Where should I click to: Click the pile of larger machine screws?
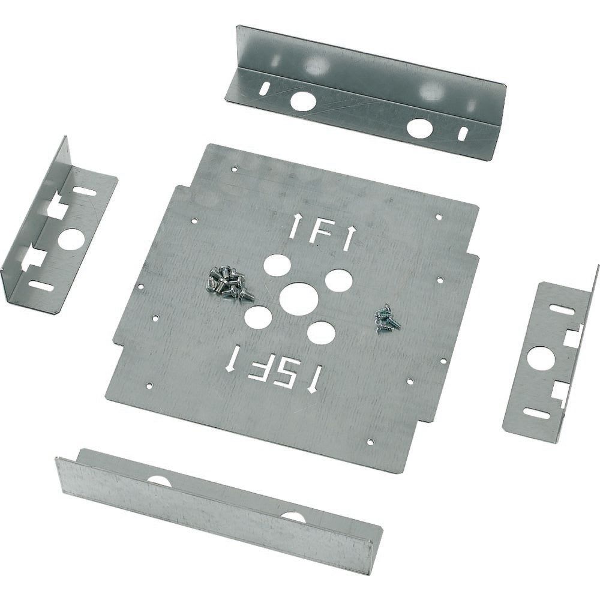228,283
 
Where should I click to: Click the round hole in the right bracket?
538,359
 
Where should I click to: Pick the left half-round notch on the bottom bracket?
159,481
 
